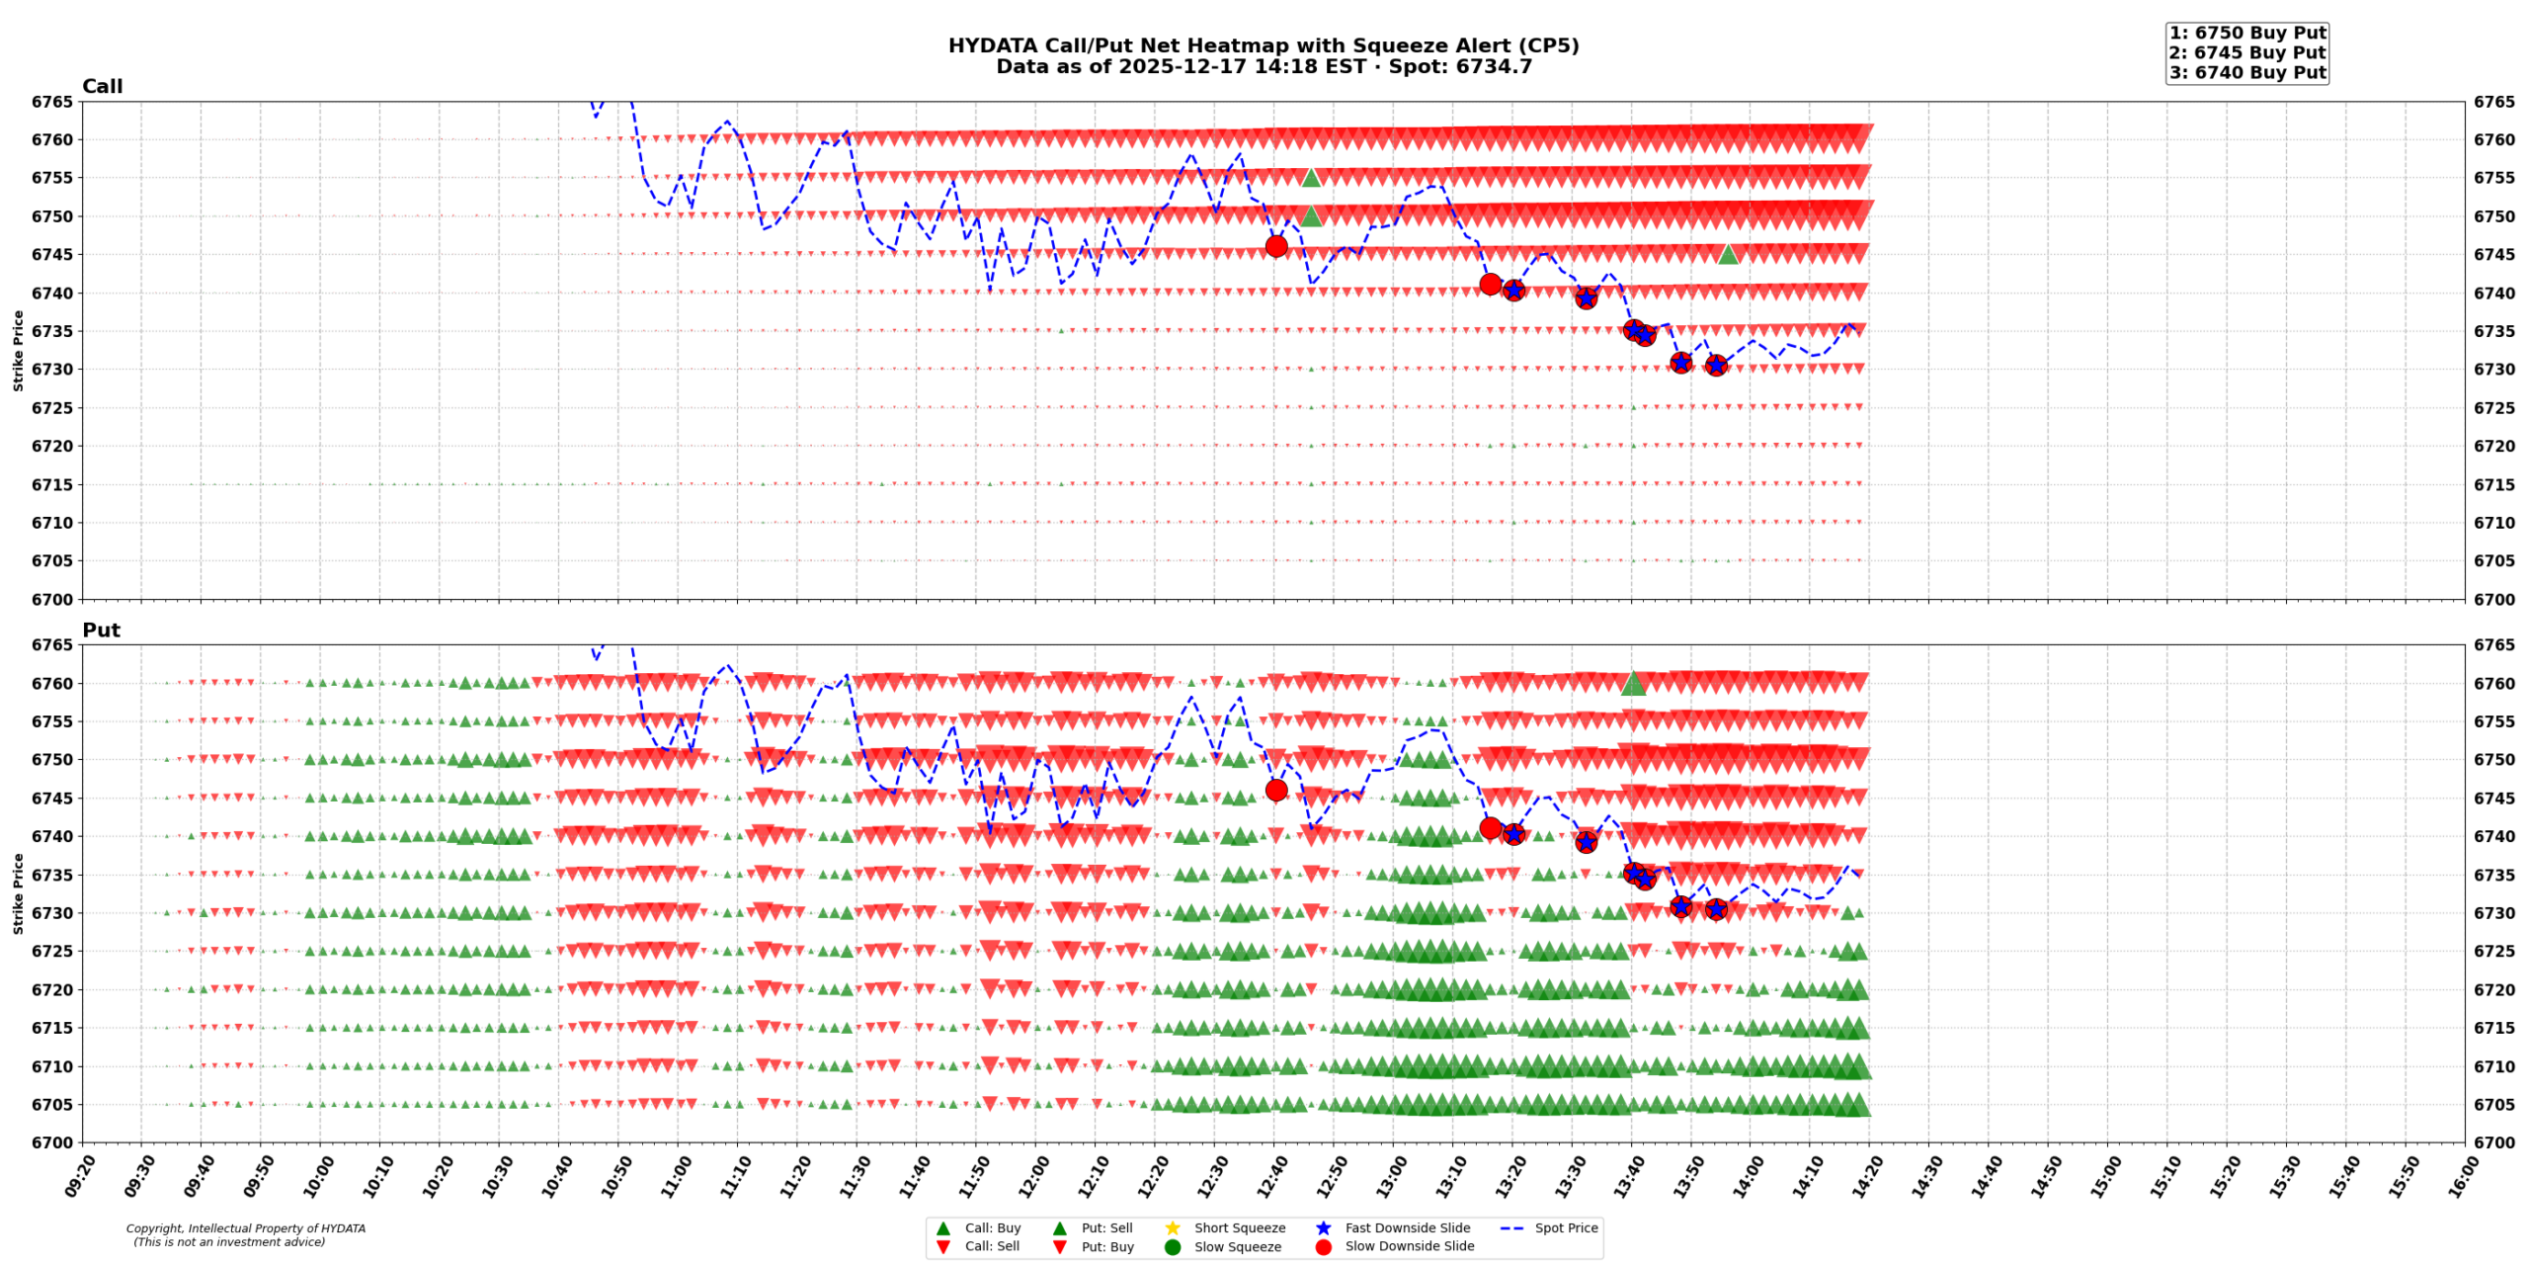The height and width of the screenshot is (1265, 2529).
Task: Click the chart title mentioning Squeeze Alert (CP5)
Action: tap(1263, 45)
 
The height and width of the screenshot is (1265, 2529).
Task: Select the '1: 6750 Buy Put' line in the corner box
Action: tap(2246, 33)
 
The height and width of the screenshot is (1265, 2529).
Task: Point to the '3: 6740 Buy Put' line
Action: tap(2246, 72)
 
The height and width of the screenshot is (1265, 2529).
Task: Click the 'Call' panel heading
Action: tap(102, 86)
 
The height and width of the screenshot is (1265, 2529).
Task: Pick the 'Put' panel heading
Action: tap(101, 630)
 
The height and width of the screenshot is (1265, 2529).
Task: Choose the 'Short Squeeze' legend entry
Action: tap(1239, 1227)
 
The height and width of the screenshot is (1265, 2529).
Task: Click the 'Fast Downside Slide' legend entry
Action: tap(1407, 1227)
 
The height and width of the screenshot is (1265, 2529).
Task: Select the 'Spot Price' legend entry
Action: tap(1566, 1227)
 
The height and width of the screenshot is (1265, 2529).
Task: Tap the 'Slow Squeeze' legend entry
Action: tap(1237, 1246)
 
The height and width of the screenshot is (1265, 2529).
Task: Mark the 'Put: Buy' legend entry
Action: tap(1106, 1246)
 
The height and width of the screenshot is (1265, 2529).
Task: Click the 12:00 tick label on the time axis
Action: tap(1033, 1178)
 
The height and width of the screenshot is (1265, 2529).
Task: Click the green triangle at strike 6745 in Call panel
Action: tap(1727, 254)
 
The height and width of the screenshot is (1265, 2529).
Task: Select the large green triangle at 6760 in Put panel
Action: tap(1633, 683)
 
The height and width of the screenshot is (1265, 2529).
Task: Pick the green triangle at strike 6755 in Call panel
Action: tap(1311, 178)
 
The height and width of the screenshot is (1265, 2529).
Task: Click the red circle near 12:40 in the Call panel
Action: tap(1276, 246)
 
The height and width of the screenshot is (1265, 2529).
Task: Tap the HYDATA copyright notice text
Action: tap(245, 1234)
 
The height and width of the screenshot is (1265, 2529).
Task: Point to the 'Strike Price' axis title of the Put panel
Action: tap(18, 893)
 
